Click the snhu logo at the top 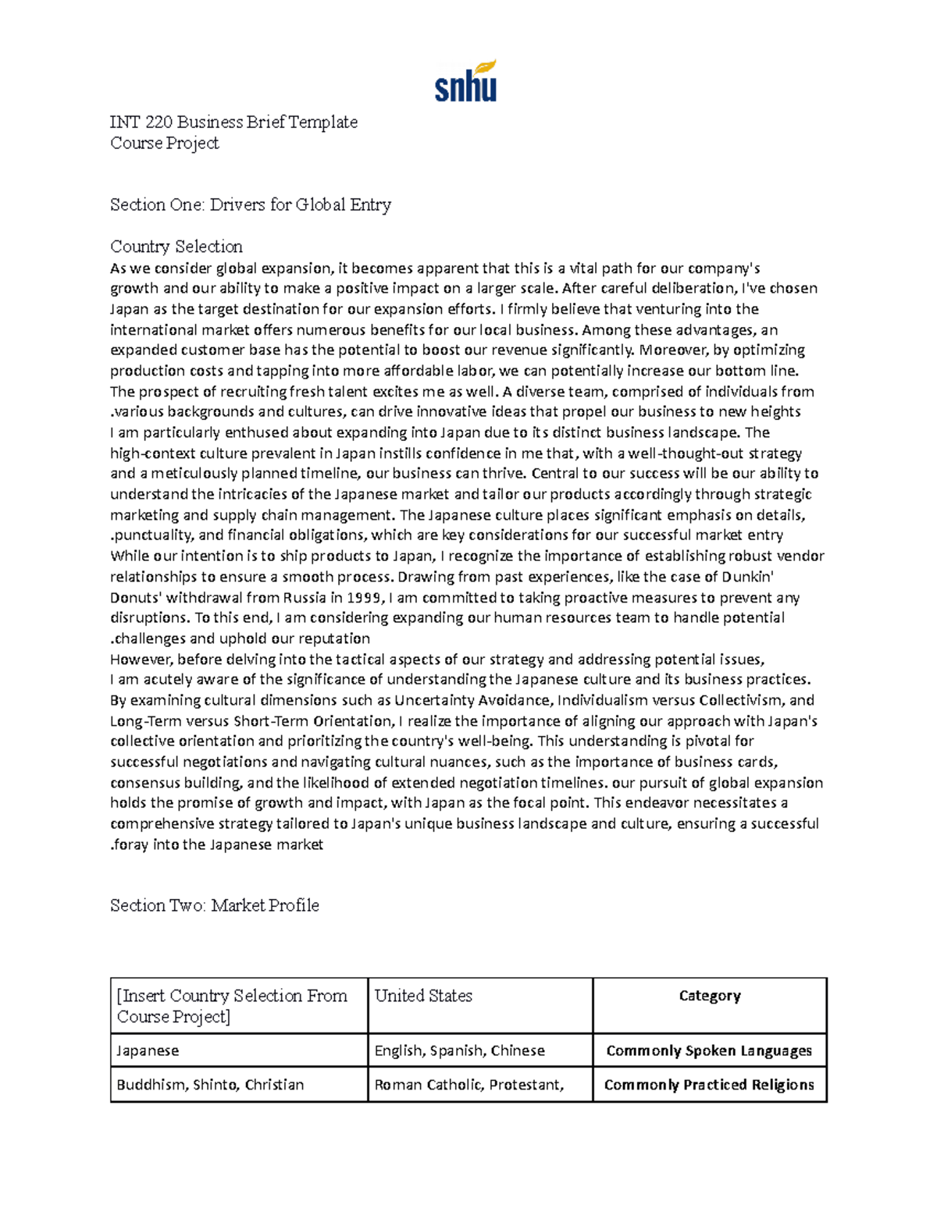pyautogui.click(x=465, y=81)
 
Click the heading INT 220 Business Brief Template pyautogui.click(x=233, y=122)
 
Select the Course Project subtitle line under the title pyautogui.click(x=164, y=143)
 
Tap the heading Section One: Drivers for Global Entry pyautogui.click(x=250, y=204)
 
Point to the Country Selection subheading pyautogui.click(x=176, y=247)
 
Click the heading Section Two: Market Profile pyautogui.click(x=214, y=905)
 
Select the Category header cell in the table pyautogui.click(x=709, y=996)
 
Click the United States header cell pyautogui.click(x=423, y=996)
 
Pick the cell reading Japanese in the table pyautogui.click(x=148, y=1050)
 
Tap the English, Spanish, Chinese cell pyautogui.click(x=459, y=1050)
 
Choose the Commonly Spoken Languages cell pyautogui.click(x=709, y=1050)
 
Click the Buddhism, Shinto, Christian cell pyautogui.click(x=210, y=1085)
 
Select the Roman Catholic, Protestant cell pyautogui.click(x=468, y=1085)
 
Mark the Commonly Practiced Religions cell pyautogui.click(x=709, y=1085)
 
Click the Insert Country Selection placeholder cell pyautogui.click(x=232, y=1006)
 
